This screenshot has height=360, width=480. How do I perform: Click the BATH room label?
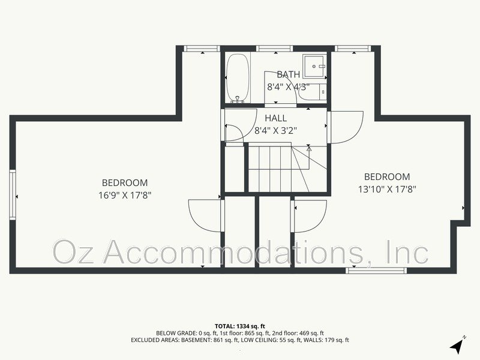pyautogui.click(x=288, y=74)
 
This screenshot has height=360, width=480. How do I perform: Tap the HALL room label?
pyautogui.click(x=276, y=118)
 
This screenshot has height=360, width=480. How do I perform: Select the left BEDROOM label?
pyautogui.click(x=125, y=183)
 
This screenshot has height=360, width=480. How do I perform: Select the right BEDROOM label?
pyautogui.click(x=388, y=177)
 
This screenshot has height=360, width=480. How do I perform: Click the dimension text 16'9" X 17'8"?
pyautogui.click(x=125, y=194)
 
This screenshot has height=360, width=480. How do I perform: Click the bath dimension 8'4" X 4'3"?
pyautogui.click(x=288, y=86)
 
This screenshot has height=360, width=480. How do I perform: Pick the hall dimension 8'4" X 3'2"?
pyautogui.click(x=276, y=130)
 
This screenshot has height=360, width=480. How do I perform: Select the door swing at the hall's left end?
pyautogui.click(x=234, y=133)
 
